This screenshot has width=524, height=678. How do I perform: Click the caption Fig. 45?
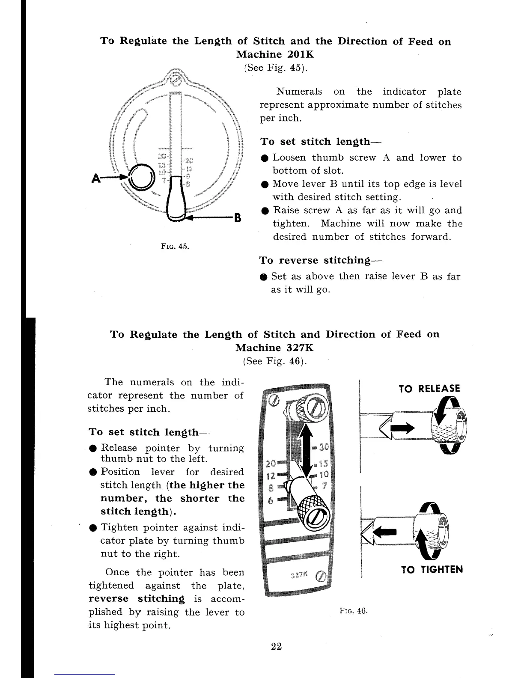175,247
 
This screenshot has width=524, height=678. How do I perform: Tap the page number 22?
276,646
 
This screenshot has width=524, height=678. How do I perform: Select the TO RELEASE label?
429,389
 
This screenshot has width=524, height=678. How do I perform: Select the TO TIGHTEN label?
432,570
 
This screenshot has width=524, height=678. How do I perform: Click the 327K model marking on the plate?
298,576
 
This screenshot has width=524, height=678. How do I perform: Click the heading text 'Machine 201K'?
276,55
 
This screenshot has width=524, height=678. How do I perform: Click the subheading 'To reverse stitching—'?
321,260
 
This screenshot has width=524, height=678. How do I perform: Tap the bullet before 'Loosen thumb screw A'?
265,158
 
